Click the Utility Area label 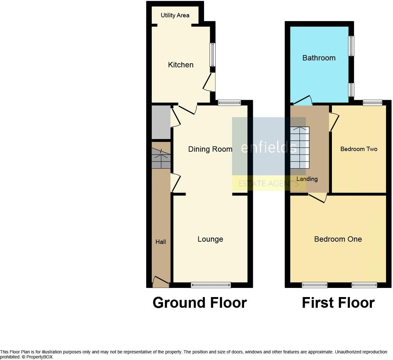point(175,15)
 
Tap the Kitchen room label point(181,65)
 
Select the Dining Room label point(210,149)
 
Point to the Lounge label point(210,239)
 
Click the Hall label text point(161,242)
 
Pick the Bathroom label point(319,58)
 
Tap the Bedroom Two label point(359,149)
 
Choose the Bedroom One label point(338,239)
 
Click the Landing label point(307,179)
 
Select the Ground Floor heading point(200,303)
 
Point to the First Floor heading point(338,303)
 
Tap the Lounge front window point(211,285)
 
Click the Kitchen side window point(213,54)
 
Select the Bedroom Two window point(373,102)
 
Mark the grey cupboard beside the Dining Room point(161,122)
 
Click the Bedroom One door point(317,198)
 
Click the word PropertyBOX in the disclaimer point(39,357)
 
